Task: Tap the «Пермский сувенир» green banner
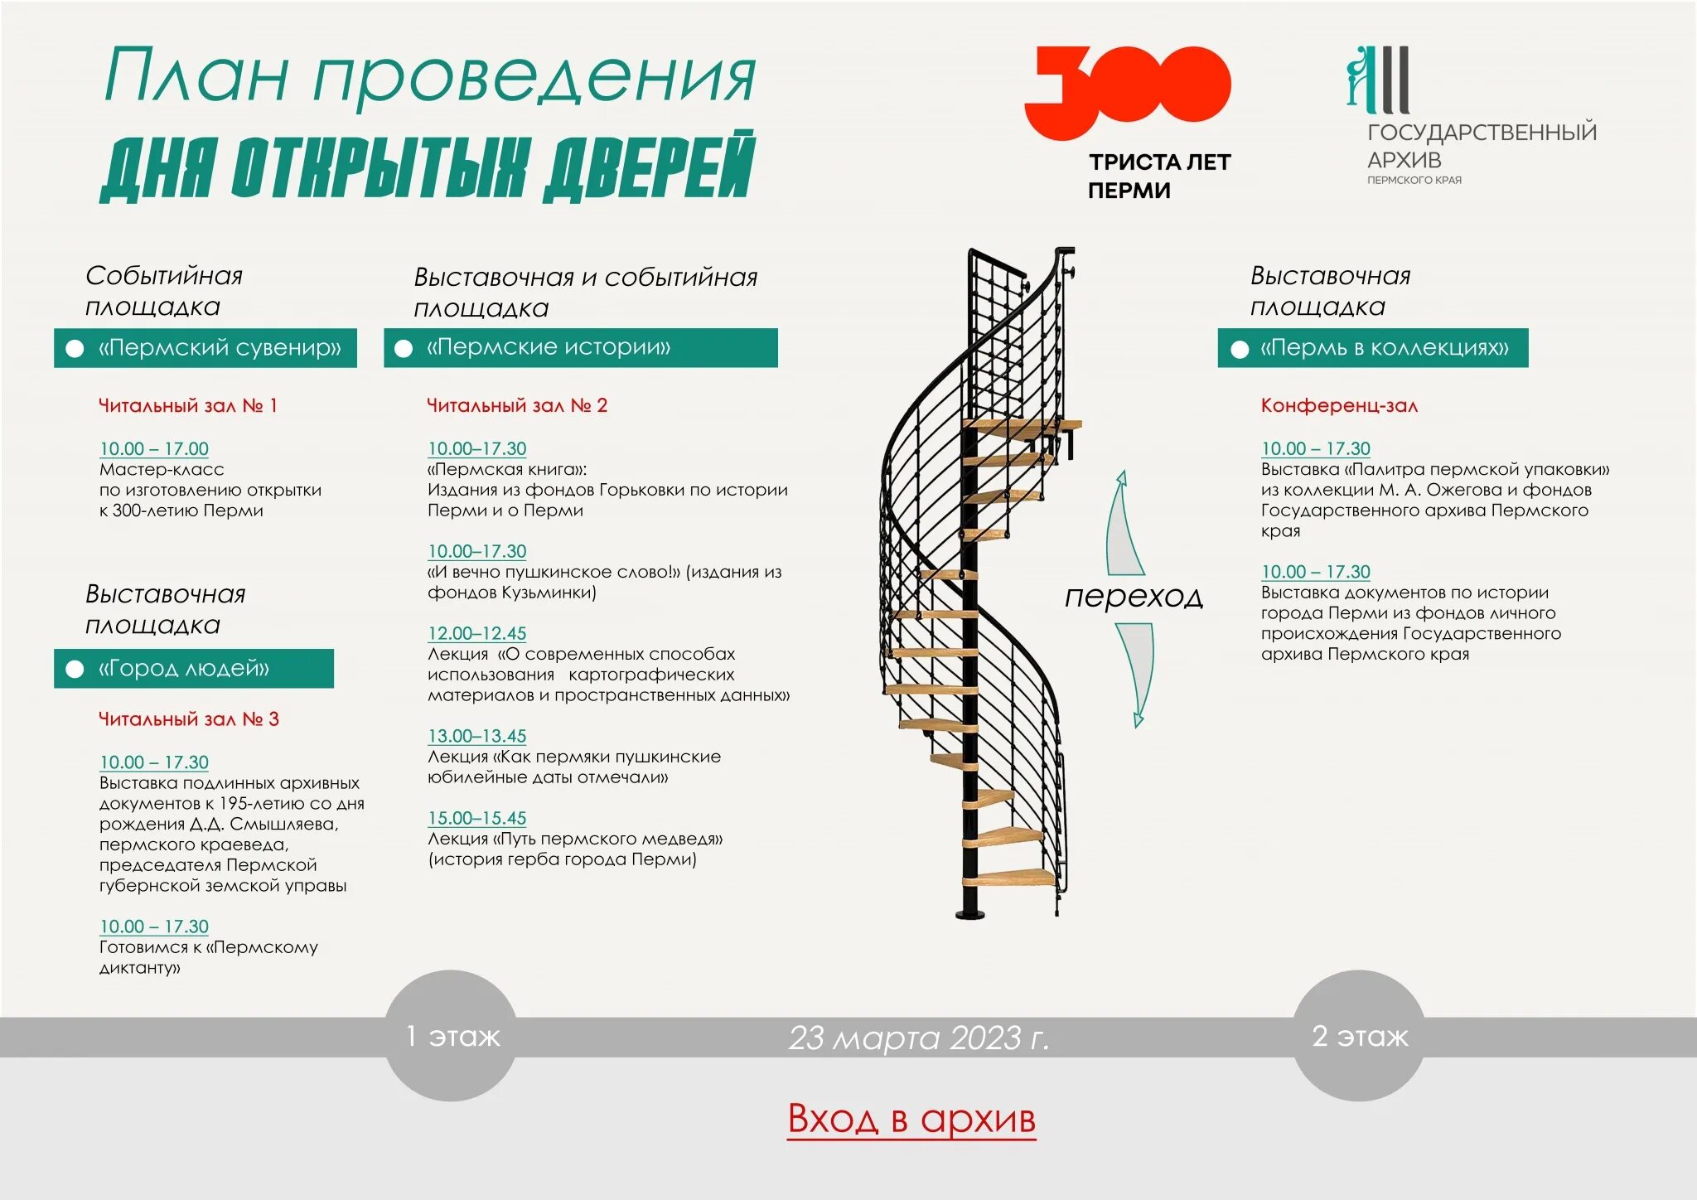pyautogui.click(x=205, y=348)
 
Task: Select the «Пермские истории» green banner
pyautogui.click(x=580, y=348)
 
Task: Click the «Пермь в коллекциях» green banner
pyautogui.click(x=1372, y=348)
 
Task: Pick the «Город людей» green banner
pyautogui.click(x=194, y=669)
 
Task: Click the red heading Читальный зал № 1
pyautogui.click(x=188, y=406)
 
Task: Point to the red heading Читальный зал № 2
pyautogui.click(x=517, y=406)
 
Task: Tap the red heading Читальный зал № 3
pyautogui.click(x=189, y=719)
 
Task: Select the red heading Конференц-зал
pyautogui.click(x=1339, y=406)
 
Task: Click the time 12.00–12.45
pyautogui.click(x=477, y=634)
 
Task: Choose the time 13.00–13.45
pyautogui.click(x=477, y=737)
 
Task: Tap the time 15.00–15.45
pyautogui.click(x=477, y=819)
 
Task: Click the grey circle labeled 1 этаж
pyautogui.click(x=452, y=1036)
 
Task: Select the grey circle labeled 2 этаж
pyautogui.click(x=1359, y=1036)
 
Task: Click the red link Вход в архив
pyautogui.click(x=911, y=1120)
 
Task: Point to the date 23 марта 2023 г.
pyautogui.click(x=918, y=1038)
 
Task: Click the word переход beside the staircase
pyautogui.click(x=1134, y=597)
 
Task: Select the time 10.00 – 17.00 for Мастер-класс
pyautogui.click(x=154, y=449)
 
